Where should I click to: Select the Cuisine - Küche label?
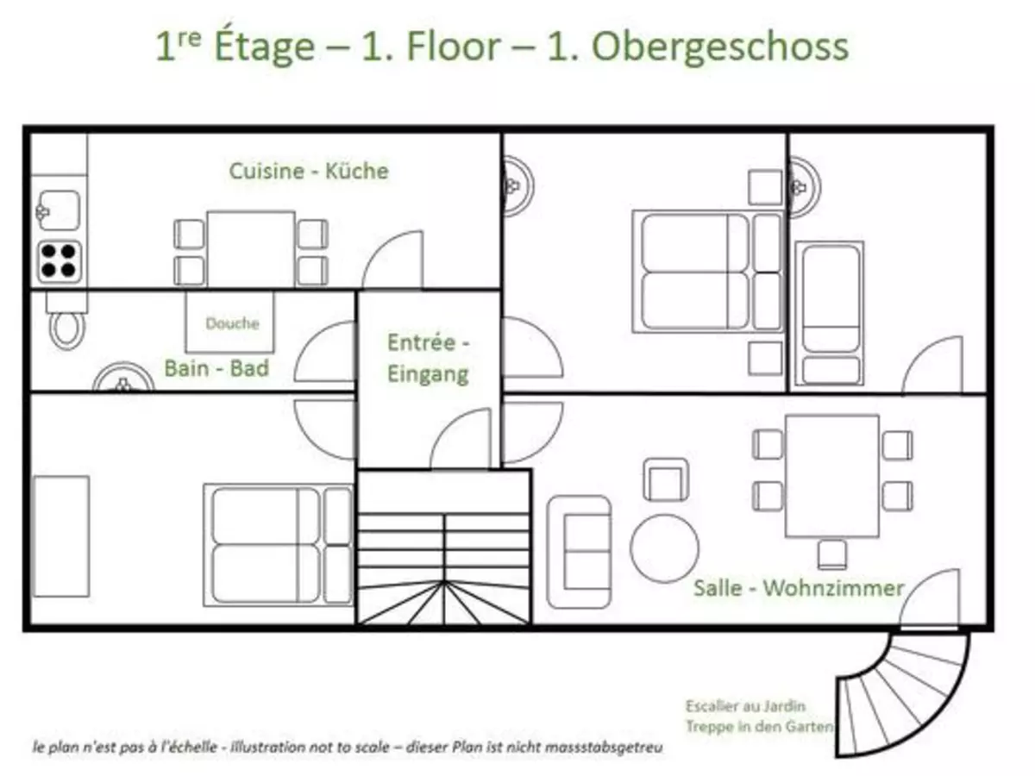click(x=308, y=171)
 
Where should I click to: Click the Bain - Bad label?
click(x=216, y=369)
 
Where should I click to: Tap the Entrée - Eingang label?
click(x=428, y=358)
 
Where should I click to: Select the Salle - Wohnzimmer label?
click(x=799, y=588)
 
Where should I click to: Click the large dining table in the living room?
click(x=831, y=475)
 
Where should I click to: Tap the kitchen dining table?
click(x=250, y=248)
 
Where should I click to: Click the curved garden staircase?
click(x=901, y=690)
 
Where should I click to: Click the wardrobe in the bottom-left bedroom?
click(x=60, y=535)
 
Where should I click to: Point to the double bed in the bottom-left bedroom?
click(x=278, y=543)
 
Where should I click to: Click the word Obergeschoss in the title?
click(x=720, y=47)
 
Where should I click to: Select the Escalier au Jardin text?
click(x=745, y=706)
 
